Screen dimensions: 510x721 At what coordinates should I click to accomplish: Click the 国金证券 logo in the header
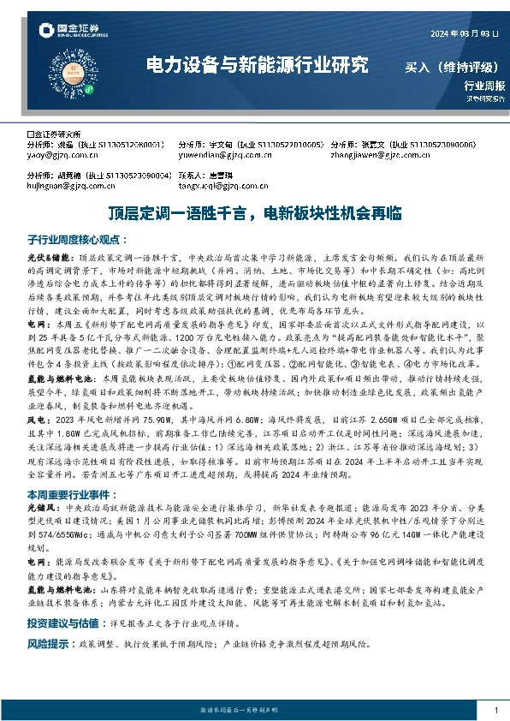coord(74,32)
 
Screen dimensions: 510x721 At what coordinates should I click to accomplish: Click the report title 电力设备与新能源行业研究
coord(258,64)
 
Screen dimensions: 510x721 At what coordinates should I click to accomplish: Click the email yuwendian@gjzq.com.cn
coord(216,155)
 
